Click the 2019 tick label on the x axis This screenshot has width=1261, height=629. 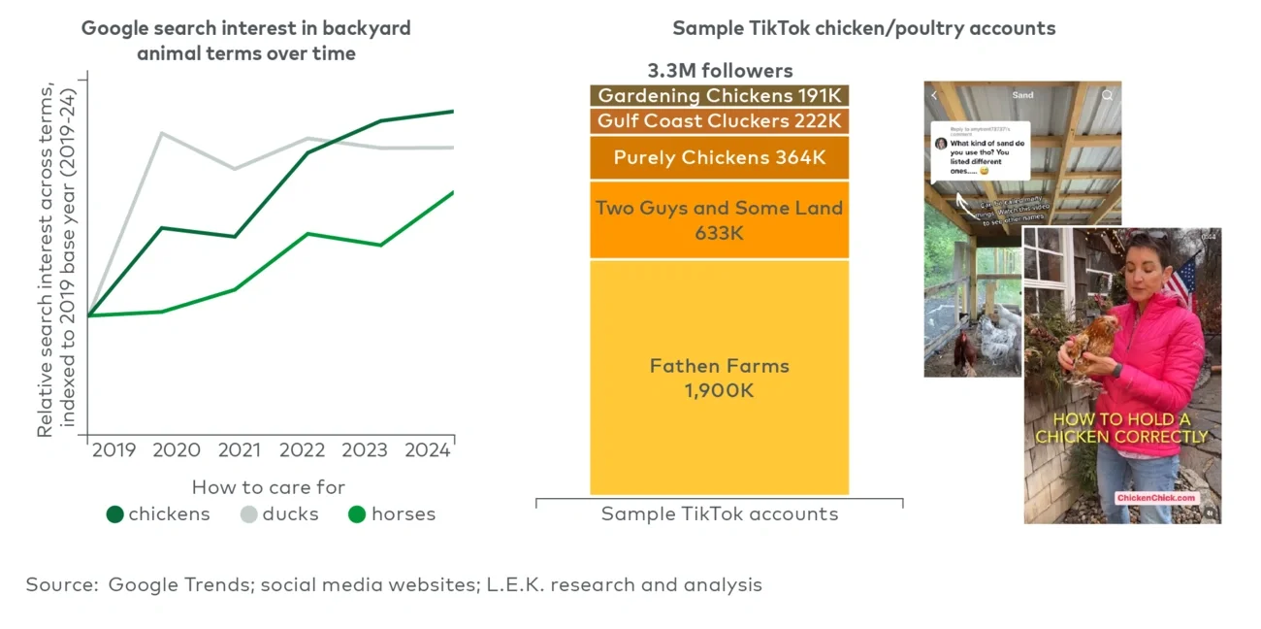114,450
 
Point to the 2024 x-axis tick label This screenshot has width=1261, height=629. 428,450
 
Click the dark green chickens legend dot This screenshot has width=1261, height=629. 115,514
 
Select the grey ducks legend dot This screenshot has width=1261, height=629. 249,514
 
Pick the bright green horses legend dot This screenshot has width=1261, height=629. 357,514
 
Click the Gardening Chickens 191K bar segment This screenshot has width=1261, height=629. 719,95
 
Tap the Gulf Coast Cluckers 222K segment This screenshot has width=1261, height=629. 719,121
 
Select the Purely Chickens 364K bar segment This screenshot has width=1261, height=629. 719,157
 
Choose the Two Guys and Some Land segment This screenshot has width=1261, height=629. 719,220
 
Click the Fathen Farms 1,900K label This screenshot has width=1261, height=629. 719,378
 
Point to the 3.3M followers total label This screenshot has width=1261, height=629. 720,71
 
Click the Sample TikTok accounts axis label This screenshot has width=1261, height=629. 719,514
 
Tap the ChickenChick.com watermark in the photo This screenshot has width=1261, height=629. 1156,498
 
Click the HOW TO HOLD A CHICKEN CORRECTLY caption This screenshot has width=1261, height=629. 1121,428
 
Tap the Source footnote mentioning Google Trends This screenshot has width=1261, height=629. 394,584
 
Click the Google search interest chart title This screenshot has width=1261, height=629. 245,41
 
